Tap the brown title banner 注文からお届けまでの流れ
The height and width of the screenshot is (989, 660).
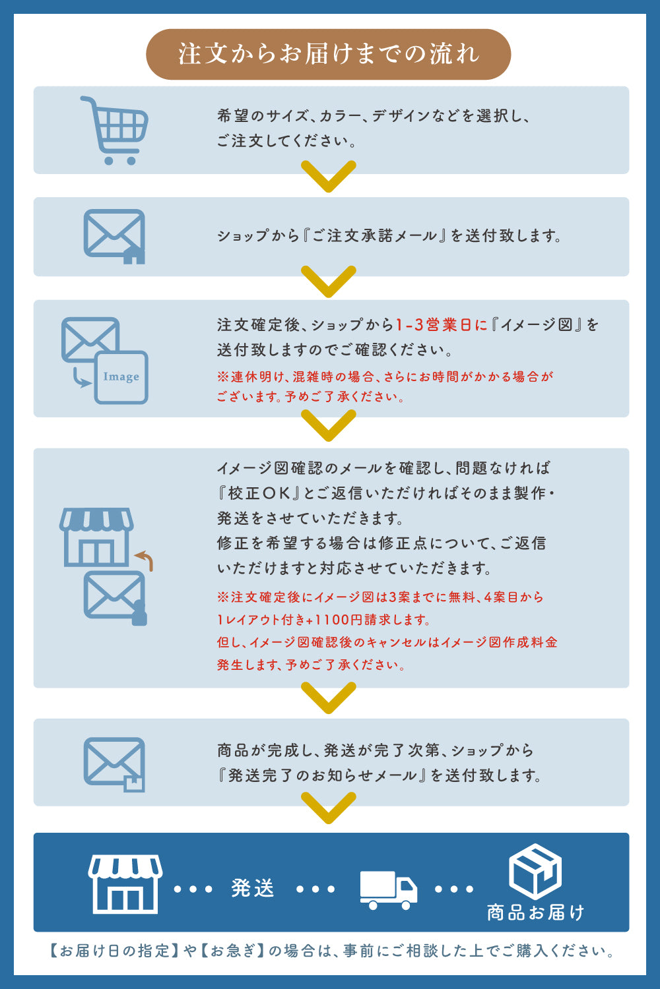tap(329, 54)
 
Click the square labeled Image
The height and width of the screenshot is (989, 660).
tap(121, 378)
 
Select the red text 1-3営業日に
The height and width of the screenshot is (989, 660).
tap(441, 325)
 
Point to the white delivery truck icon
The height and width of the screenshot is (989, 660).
tap(388, 890)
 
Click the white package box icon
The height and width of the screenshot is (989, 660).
tap(535, 872)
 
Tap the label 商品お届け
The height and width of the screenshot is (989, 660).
tap(535, 913)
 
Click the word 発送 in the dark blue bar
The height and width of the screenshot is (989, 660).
tap(253, 888)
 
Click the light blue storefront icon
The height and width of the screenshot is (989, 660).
tap(96, 537)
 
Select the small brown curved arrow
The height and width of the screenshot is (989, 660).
tap(145, 560)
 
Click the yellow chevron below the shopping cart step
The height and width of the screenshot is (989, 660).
tap(329, 177)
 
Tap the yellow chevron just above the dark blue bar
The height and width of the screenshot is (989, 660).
tap(329, 808)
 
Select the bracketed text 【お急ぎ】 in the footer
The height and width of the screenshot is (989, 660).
tap(232, 951)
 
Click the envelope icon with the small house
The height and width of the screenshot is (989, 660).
tap(114, 237)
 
